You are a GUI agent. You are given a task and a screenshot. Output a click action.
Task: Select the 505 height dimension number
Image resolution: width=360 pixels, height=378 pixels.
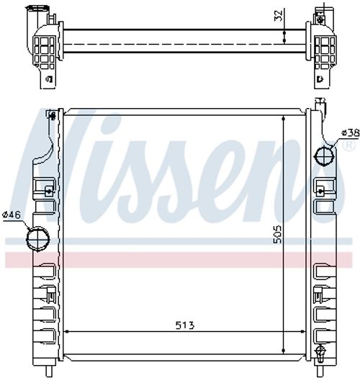(278, 234)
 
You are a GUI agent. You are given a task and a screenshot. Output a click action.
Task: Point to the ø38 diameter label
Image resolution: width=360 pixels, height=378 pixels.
(350, 132)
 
